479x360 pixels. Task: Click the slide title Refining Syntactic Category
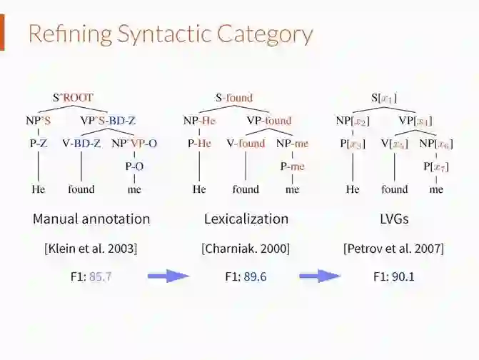tap(170, 34)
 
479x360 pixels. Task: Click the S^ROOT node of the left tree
tap(73, 97)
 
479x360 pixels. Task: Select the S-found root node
tap(234, 97)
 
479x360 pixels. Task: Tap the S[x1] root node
tap(384, 97)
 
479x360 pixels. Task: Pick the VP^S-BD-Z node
tap(108, 121)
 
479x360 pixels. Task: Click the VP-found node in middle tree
tap(269, 121)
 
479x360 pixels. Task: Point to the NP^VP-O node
tap(133, 144)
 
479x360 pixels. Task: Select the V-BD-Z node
tap(81, 144)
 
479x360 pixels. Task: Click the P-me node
tap(293, 166)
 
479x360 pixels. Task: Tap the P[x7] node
tap(435, 166)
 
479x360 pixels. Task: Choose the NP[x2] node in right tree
tap(353, 121)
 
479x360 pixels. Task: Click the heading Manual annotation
tap(91, 219)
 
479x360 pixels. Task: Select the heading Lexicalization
tap(246, 219)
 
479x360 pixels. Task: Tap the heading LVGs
tap(394, 219)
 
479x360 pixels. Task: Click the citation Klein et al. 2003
tap(91, 249)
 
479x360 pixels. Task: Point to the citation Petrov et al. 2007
tap(393, 249)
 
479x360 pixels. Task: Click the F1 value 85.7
tap(101, 276)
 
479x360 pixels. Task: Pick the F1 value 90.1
tap(403, 276)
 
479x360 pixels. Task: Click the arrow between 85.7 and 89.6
tap(168, 276)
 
